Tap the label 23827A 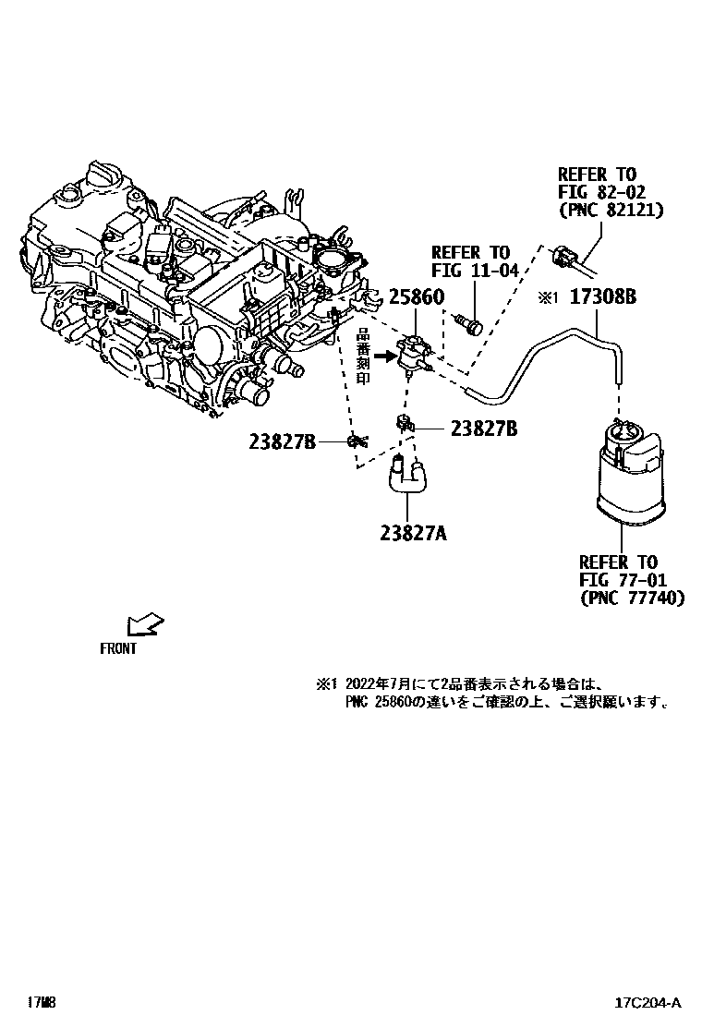(x=412, y=533)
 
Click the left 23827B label (x=283, y=442)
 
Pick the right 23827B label (x=483, y=429)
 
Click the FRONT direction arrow (x=144, y=624)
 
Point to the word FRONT (x=118, y=648)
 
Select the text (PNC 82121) (x=611, y=211)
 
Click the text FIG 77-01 (x=619, y=580)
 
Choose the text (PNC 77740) (x=632, y=598)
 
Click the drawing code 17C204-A (x=649, y=1003)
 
